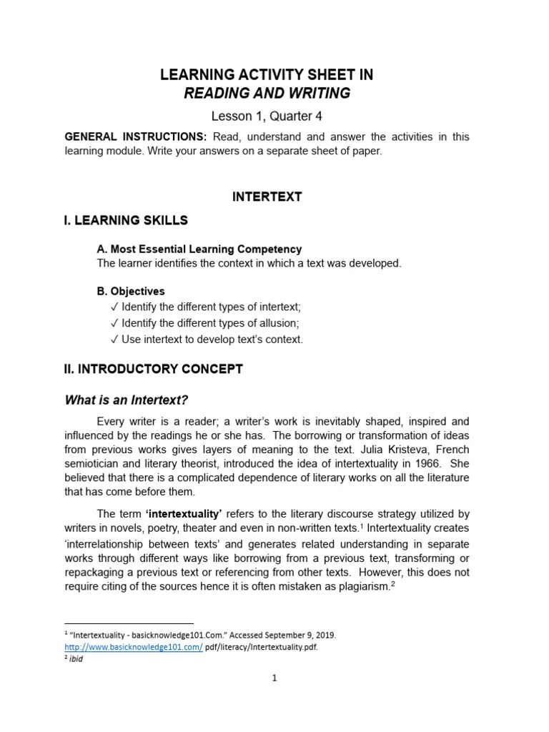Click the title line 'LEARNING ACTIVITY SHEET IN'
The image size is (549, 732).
coord(266,75)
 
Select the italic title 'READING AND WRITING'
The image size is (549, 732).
coord(266,93)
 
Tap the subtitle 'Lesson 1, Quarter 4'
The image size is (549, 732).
coord(266,115)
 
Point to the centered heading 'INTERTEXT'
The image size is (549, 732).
coord(267,197)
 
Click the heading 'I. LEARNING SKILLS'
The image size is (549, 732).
coord(126,221)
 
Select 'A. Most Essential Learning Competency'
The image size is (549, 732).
coord(199,249)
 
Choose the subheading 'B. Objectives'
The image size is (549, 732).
coord(130,292)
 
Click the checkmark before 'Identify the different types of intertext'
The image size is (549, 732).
coord(115,307)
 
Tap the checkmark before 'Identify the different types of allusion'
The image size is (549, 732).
coord(115,324)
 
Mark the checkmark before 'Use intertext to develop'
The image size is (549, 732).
coord(115,340)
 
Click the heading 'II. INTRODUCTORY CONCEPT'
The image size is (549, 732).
coord(153,370)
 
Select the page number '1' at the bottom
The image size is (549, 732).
coord(274,678)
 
